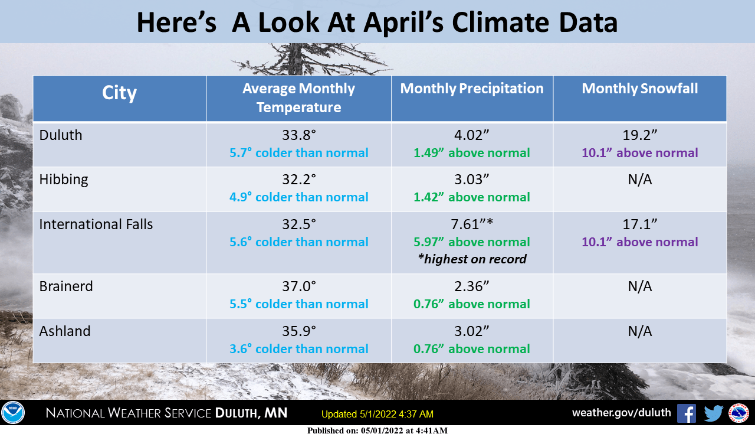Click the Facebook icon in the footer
coord(686,413)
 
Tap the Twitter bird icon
coord(713,413)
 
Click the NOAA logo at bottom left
coord(12,413)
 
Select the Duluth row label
coord(61,135)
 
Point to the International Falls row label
coord(96,224)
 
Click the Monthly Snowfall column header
coord(639,89)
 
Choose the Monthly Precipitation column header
coord(472,89)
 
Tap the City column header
coord(119,93)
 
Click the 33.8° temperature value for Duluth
coord(298,135)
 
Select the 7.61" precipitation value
coord(472,224)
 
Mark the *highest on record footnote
coord(472,259)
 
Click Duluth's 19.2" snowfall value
coord(639,135)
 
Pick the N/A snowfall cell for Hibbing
coord(639,180)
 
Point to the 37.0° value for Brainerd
coord(298,286)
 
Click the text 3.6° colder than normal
coord(298,348)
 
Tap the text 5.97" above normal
coord(472,242)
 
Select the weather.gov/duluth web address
coord(621,413)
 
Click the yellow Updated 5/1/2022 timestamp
coord(377,414)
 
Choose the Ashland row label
coord(65,331)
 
